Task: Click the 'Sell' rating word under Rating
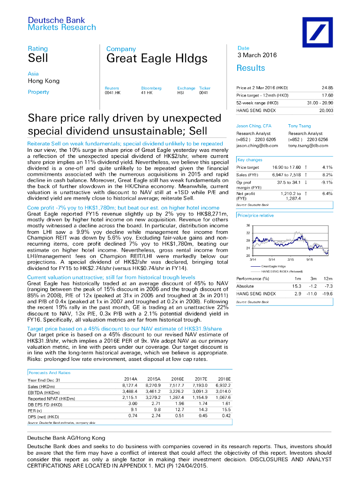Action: [x=38, y=59]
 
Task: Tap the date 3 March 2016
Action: [x=257, y=55]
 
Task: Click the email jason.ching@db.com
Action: [x=257, y=146]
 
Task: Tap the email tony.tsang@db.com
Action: [x=308, y=146]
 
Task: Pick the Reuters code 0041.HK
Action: [x=112, y=93]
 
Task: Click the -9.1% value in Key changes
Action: [x=326, y=182]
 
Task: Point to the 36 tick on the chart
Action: [x=248, y=225]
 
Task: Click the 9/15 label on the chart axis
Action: [x=310, y=259]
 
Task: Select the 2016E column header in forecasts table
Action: [x=177, y=379]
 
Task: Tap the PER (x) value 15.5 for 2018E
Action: [x=226, y=410]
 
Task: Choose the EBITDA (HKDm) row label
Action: [x=44, y=392]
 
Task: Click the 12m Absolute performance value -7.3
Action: [x=328, y=286]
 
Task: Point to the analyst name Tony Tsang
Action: [x=299, y=126]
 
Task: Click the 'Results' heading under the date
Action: [x=251, y=68]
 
